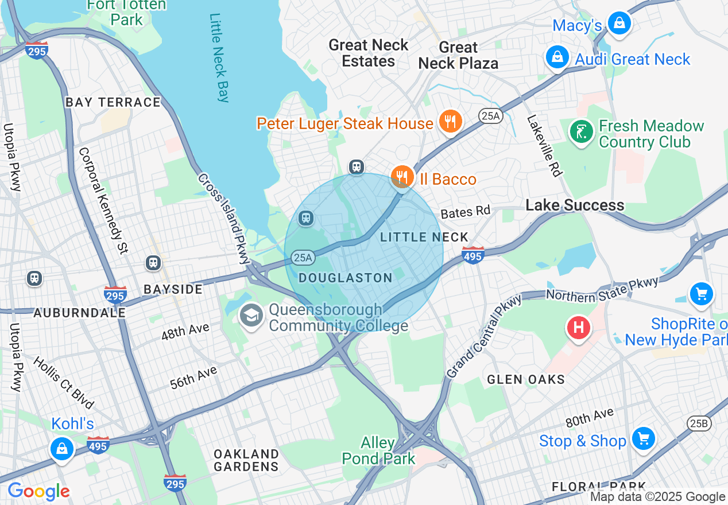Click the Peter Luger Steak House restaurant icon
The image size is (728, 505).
click(x=451, y=121)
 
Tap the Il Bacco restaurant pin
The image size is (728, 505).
click(x=402, y=177)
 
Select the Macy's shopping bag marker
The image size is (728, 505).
click(x=619, y=24)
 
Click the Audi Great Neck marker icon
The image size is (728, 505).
click(x=557, y=57)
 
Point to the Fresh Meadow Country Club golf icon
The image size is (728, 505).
click(x=581, y=132)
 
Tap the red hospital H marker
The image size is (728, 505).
click(x=578, y=328)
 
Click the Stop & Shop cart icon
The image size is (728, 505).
click(x=643, y=439)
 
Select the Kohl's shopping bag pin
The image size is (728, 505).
click(x=62, y=448)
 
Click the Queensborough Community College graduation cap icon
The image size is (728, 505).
click(x=251, y=316)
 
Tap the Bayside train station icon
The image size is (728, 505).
click(x=153, y=263)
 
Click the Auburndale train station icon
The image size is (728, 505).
click(x=34, y=278)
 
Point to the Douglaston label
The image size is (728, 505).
click(x=346, y=278)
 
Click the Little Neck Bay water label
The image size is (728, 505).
click(x=219, y=57)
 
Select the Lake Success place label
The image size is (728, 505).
click(x=575, y=205)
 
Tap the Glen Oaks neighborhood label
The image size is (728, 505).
click(x=526, y=379)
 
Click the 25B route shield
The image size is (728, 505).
click(x=699, y=424)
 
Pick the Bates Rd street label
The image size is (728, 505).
click(x=465, y=212)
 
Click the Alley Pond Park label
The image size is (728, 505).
click(x=378, y=450)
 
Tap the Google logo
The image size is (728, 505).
click(x=38, y=491)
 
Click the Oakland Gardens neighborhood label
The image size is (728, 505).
click(x=246, y=460)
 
